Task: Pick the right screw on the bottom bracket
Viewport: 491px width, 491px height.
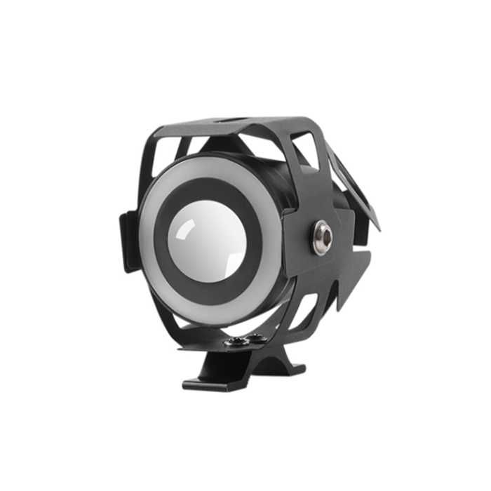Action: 257,339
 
